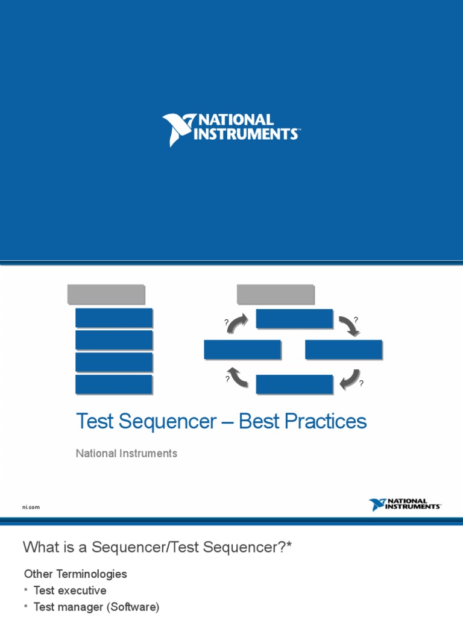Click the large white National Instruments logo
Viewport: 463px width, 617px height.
click(x=231, y=129)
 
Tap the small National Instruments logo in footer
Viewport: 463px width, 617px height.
click(x=405, y=504)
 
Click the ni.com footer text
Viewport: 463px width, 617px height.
click(x=31, y=507)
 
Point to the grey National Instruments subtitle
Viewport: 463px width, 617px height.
click(x=127, y=453)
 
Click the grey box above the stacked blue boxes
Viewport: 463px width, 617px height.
click(x=106, y=294)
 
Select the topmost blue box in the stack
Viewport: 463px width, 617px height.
click(x=114, y=318)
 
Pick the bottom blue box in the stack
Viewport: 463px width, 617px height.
click(x=114, y=384)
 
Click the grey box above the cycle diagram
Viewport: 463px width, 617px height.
click(x=276, y=294)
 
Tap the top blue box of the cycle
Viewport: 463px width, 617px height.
click(x=294, y=319)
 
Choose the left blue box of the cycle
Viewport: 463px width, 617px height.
click(x=242, y=349)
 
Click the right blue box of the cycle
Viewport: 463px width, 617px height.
click(x=344, y=349)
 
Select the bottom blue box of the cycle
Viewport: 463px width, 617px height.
click(x=294, y=384)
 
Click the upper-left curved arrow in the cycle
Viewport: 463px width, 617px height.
click(x=237, y=322)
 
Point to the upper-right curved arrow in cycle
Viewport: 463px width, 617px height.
click(x=349, y=325)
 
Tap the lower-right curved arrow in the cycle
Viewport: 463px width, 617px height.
click(x=350, y=379)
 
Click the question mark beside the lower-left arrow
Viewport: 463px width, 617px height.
click(x=227, y=379)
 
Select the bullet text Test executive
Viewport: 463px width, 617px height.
click(x=70, y=590)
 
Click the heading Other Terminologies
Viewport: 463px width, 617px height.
click(x=75, y=574)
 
